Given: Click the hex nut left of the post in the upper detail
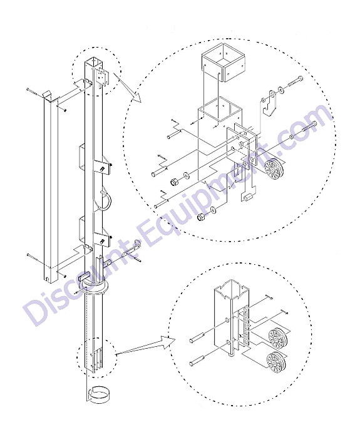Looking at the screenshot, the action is click(174, 182).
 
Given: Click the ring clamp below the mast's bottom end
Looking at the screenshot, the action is click(98, 393).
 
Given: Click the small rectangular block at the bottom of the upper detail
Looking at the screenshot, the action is click(246, 197).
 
